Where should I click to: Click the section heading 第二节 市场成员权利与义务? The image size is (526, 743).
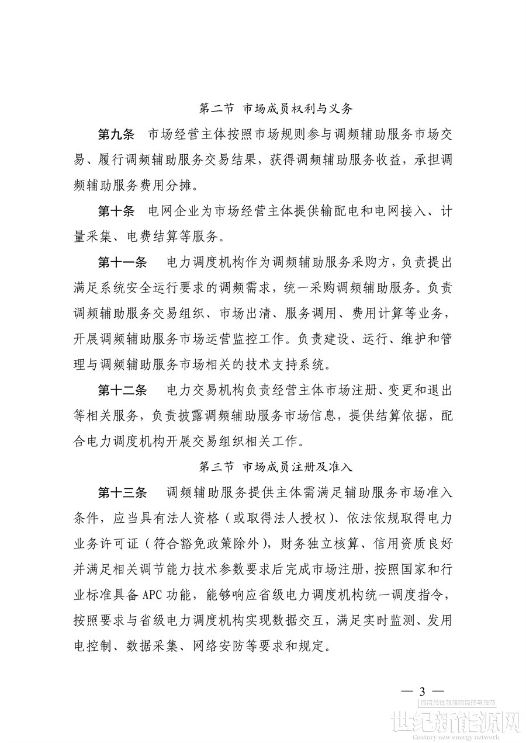(x=275, y=109)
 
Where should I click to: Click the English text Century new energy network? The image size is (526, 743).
(x=468, y=737)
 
